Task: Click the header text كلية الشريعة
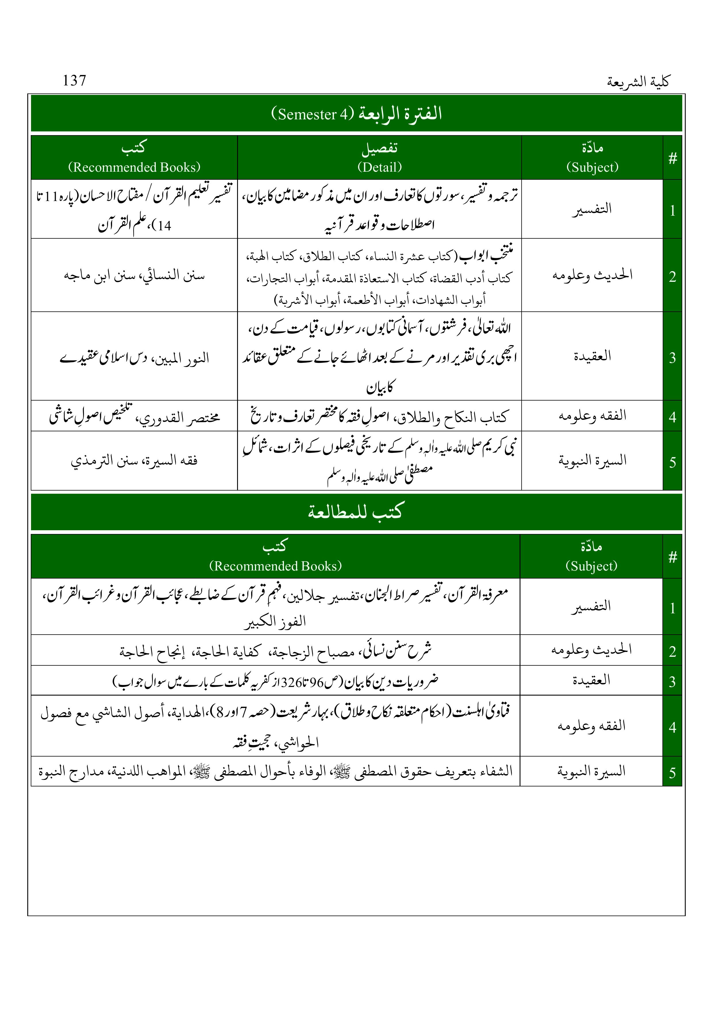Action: pyautogui.click(x=638, y=82)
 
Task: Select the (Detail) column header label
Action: pyautogui.click(x=380, y=167)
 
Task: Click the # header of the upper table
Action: pyautogui.click(x=672, y=158)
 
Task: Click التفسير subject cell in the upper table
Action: pyautogui.click(x=592, y=209)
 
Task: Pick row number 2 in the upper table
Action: pyautogui.click(x=672, y=276)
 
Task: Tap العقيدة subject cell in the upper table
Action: pyautogui.click(x=592, y=356)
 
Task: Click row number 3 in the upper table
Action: pyautogui.click(x=672, y=358)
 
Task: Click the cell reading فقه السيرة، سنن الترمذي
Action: pyautogui.click(x=134, y=461)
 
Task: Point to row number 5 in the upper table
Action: pyautogui.click(x=672, y=462)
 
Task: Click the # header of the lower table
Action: pyautogui.click(x=672, y=557)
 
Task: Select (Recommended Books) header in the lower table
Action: pyautogui.click(x=275, y=566)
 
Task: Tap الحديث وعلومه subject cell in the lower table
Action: pyautogui.click(x=591, y=650)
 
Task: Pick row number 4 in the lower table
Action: pyautogui.click(x=672, y=727)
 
